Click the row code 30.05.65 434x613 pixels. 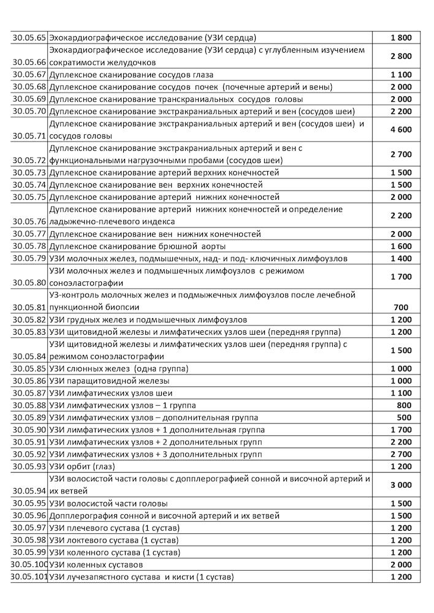click(x=29, y=38)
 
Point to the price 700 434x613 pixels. click(x=401, y=307)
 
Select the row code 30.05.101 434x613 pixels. click(x=29, y=577)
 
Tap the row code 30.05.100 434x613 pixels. click(x=29, y=565)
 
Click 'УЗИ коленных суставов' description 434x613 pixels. click(x=96, y=565)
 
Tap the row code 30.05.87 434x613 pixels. click(x=29, y=393)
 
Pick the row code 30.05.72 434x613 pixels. click(x=29, y=161)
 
